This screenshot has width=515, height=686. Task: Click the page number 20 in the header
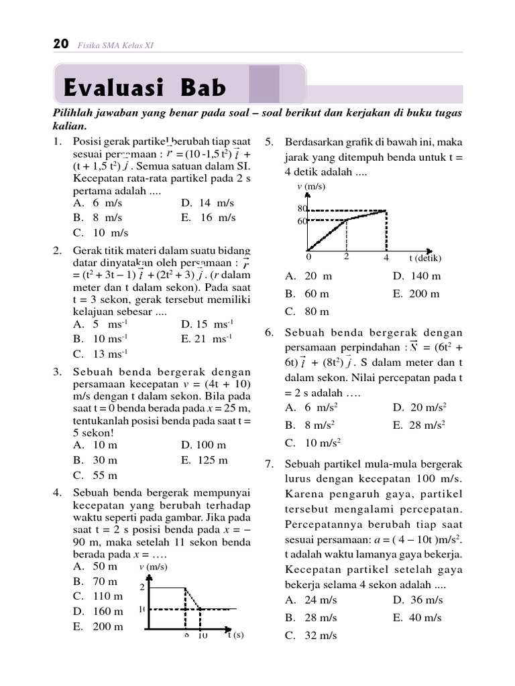60,44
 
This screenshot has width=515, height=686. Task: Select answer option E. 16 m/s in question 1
209,218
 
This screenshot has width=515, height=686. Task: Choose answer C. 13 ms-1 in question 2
101,354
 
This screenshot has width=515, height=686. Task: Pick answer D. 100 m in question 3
203,445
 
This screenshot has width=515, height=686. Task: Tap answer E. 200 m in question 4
99,626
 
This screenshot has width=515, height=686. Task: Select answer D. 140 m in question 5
416,276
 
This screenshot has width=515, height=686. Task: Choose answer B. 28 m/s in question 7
310,618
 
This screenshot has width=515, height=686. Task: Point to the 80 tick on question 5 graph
302,209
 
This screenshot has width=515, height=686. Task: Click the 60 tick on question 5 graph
302,221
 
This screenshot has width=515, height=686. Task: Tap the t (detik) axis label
426,258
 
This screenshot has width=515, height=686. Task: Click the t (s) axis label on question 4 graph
234,635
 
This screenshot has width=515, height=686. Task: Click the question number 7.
269,464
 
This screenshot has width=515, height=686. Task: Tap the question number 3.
58,372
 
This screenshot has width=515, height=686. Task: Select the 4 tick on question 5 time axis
386,257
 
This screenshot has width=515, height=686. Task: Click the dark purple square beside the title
264,84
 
